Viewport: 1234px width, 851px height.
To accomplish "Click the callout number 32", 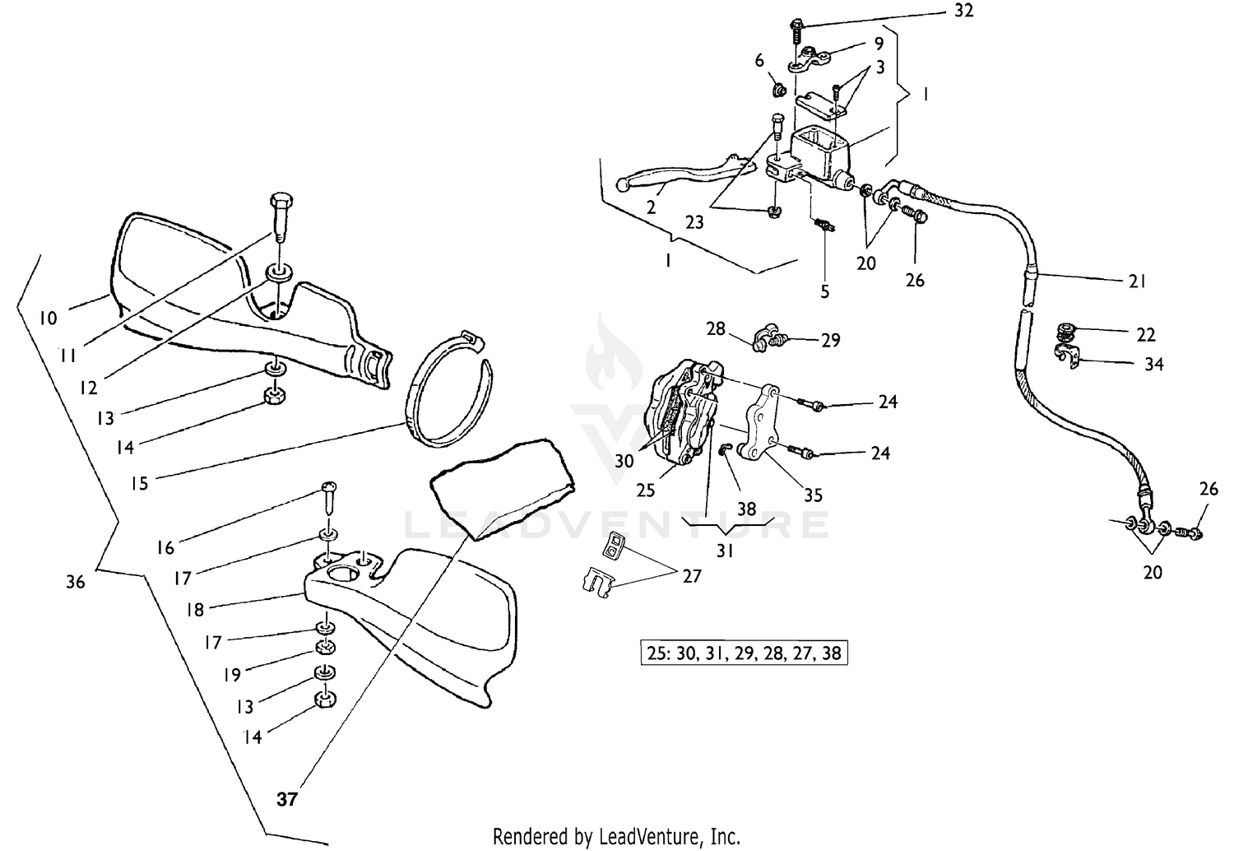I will point(964,12).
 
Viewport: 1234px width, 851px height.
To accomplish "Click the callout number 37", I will point(286,798).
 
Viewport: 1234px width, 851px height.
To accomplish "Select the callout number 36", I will point(75,582).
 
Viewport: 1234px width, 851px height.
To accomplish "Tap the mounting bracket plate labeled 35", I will point(762,428).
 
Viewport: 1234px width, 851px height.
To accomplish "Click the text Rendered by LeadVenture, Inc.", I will point(616,836).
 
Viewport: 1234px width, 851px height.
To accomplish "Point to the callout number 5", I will point(824,291).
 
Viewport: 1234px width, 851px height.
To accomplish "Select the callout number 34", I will point(1153,363).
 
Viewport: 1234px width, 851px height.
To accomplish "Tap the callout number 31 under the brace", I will point(725,551).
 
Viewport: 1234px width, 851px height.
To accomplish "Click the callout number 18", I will point(194,610).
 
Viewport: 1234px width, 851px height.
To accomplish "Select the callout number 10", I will point(49,318).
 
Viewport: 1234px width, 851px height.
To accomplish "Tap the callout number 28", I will point(716,328).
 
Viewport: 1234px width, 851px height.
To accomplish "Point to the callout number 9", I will point(879,44).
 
